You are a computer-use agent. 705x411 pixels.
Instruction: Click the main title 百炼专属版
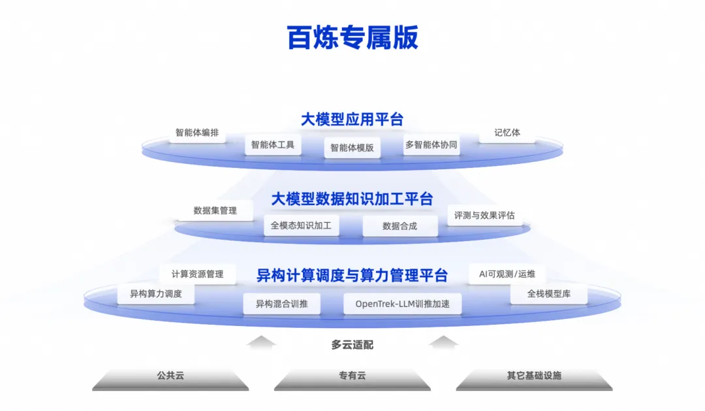pos(352,37)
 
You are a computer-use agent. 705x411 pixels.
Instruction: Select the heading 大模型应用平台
pos(352,120)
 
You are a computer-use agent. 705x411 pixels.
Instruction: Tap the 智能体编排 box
pos(196,132)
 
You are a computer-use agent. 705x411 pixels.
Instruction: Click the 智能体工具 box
pos(273,144)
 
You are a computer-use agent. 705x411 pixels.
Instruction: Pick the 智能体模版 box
pos(352,148)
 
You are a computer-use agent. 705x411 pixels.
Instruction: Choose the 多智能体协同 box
pos(431,144)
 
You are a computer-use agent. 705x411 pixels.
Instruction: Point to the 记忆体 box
pos(507,132)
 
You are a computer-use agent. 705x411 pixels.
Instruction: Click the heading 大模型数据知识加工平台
pos(352,199)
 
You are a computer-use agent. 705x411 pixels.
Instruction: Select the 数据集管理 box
pos(215,210)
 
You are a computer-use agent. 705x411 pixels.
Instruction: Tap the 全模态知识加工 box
pos(301,226)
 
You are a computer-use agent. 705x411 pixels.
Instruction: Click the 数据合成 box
pos(399,226)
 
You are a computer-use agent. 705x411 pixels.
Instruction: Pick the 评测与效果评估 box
pos(484,215)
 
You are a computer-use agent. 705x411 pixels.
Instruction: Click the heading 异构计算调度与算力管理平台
pos(352,276)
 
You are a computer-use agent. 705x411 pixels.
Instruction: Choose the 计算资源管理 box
pos(197,274)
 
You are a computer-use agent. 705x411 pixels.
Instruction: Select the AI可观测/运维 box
pos(507,274)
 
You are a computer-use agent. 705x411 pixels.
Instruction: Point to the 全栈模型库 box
pos(548,294)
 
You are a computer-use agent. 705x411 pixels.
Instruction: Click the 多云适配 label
pos(352,345)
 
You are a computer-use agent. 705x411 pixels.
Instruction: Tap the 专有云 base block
pos(352,377)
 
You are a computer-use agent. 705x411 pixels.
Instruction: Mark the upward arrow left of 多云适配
pos(262,342)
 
